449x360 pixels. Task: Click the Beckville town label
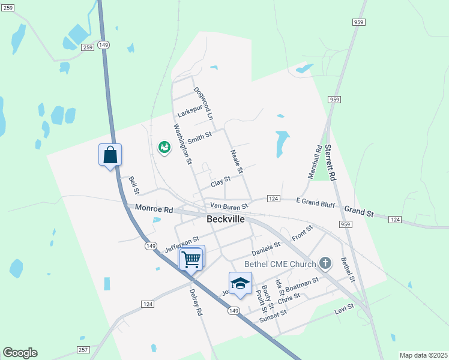click(x=226, y=220)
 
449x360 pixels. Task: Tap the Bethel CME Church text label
click(x=279, y=264)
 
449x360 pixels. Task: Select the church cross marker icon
click(x=325, y=263)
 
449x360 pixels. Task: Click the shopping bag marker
click(x=110, y=155)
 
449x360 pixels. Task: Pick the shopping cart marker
click(x=191, y=259)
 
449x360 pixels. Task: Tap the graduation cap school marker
click(x=240, y=284)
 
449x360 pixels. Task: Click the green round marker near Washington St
click(x=163, y=146)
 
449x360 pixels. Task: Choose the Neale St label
click(x=236, y=161)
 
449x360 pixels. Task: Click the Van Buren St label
click(x=229, y=206)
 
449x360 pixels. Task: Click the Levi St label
click(x=344, y=310)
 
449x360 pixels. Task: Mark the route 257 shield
click(x=83, y=349)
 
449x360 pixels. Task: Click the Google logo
click(x=20, y=353)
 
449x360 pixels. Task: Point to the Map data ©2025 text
click(x=423, y=355)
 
